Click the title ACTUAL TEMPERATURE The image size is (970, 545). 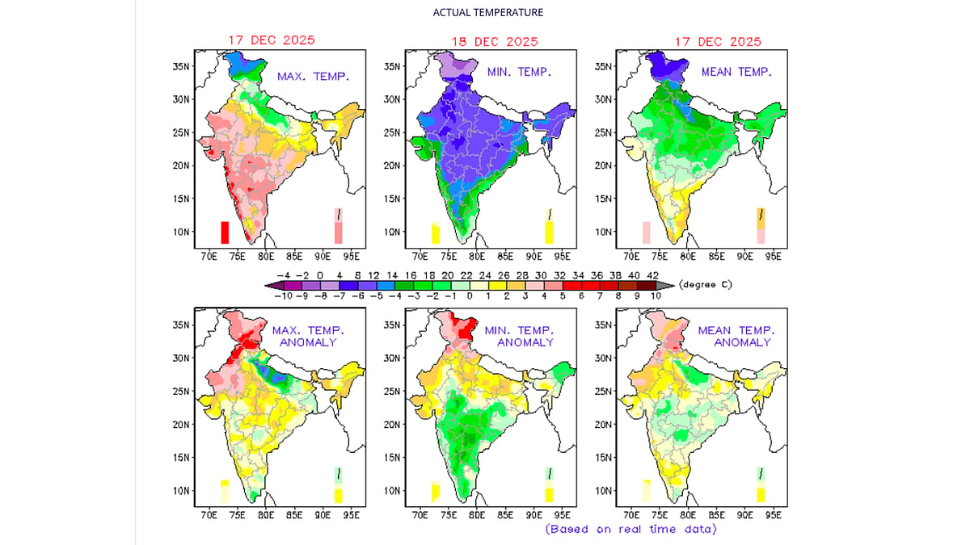point(488,13)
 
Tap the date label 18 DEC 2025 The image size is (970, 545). point(495,42)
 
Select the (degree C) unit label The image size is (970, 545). point(706,284)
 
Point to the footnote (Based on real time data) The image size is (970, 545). point(631,529)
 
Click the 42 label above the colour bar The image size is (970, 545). point(652,275)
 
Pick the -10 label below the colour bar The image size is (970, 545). point(284,296)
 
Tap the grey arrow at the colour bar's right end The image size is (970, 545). point(665,286)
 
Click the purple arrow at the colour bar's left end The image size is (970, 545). point(275,286)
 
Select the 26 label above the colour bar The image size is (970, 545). point(504,275)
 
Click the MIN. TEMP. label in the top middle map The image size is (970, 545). point(519,72)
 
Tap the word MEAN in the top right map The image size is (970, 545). point(717,72)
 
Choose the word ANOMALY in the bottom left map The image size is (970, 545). point(308,342)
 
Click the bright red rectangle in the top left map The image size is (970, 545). point(225,233)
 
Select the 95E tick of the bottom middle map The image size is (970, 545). point(563,515)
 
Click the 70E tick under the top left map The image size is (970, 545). point(209,257)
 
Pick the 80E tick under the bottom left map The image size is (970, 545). point(266,515)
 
